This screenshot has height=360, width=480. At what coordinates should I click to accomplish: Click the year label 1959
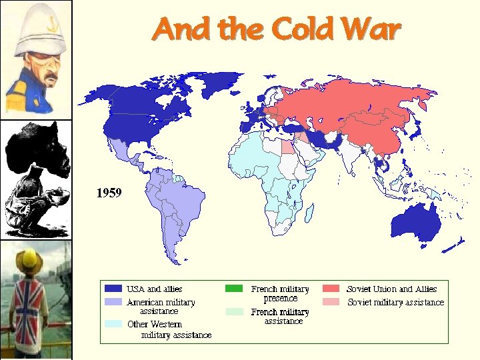109,193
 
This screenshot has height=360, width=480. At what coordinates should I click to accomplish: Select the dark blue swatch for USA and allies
113,289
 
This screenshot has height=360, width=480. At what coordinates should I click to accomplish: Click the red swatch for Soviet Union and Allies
331,289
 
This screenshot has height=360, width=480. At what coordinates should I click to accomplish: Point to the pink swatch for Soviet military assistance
331,302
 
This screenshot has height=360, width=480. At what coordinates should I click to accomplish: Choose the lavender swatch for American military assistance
113,302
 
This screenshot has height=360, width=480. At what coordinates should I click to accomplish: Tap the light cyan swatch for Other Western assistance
113,324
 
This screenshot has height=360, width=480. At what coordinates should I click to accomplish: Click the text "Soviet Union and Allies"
391,289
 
